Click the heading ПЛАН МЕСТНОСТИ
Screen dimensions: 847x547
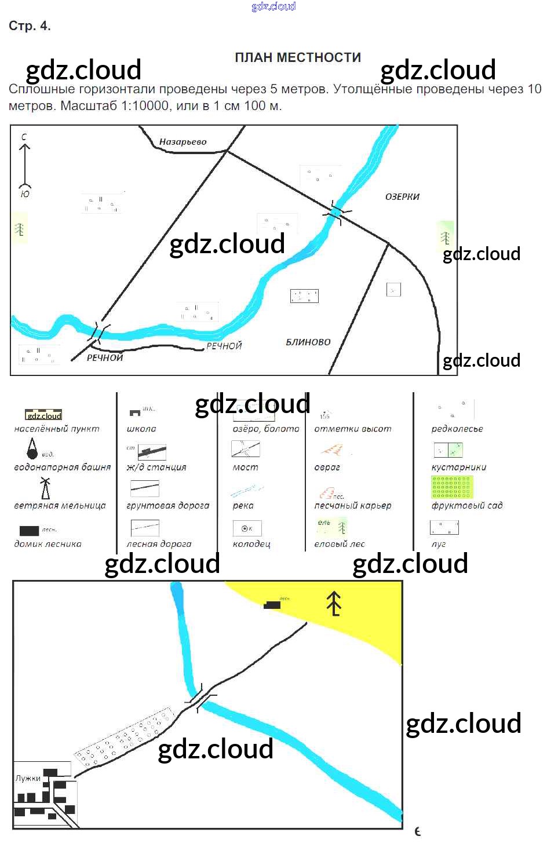click(298, 58)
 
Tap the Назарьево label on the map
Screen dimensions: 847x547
click(183, 142)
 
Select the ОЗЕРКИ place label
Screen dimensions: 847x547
click(402, 197)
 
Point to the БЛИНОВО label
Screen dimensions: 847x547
click(308, 342)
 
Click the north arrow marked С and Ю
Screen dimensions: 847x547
click(24, 165)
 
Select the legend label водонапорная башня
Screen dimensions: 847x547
click(62, 468)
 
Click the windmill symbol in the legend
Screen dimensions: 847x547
click(45, 488)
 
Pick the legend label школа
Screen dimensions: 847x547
click(141, 429)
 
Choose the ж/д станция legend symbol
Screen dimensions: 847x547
click(152, 452)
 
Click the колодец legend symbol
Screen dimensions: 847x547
click(247, 528)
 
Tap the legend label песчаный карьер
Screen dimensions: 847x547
click(352, 506)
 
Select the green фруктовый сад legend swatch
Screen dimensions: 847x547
click(452, 487)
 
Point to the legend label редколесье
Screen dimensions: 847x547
click(457, 429)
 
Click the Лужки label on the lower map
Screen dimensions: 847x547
click(28, 779)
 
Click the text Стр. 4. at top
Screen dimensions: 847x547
click(30, 26)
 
